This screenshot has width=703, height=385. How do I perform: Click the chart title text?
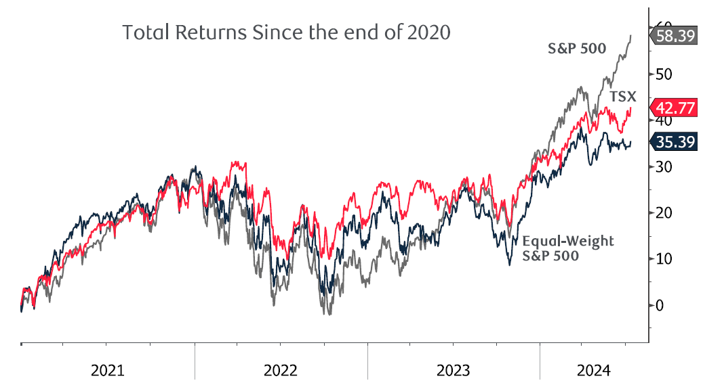coord(285,32)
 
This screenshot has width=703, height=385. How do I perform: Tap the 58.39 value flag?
coord(675,36)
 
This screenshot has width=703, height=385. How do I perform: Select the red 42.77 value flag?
coord(675,107)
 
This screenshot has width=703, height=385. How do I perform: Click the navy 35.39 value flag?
coord(675,142)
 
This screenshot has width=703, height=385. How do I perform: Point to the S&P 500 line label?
coord(577,48)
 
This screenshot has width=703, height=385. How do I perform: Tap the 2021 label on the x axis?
coord(107,371)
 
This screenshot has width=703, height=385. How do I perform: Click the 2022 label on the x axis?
coord(281,371)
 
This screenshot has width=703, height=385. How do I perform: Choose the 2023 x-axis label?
coord(453,371)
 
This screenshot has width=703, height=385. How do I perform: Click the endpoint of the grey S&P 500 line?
coord(631,36)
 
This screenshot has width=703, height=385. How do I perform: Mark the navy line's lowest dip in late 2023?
coord(509,264)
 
